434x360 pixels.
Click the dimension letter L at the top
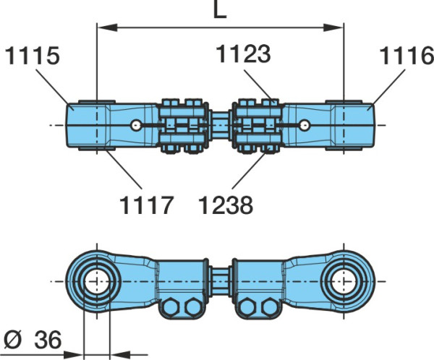[x=220, y=9]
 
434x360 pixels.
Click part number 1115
[x=33, y=56]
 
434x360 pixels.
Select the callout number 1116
[x=407, y=56]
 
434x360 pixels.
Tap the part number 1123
[x=243, y=53]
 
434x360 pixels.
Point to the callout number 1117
[x=146, y=205]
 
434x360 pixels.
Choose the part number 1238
[x=226, y=205]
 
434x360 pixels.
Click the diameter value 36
[x=48, y=340]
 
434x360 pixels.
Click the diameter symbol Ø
[x=13, y=340]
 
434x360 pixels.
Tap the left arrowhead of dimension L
[x=107, y=27]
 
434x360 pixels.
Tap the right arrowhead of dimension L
[x=333, y=27]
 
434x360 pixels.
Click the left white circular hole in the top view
[x=136, y=125]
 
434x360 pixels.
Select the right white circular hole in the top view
[x=305, y=125]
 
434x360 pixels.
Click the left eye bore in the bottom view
[x=97, y=282]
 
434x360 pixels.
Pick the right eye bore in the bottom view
[x=344, y=282]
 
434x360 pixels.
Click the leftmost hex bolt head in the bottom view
[x=171, y=307]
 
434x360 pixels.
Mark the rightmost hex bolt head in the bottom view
[x=270, y=307]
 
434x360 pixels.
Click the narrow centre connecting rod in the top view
[x=221, y=125]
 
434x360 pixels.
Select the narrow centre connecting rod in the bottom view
[x=221, y=282]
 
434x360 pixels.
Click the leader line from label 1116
[x=387, y=87]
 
